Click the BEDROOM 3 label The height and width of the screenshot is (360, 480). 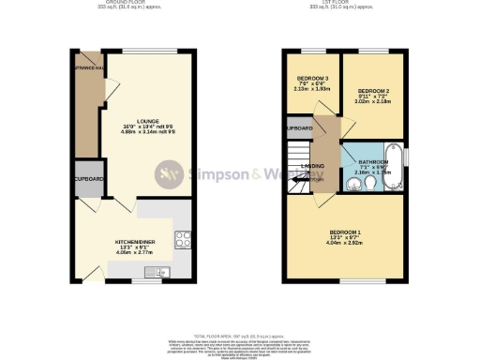pos(313,78)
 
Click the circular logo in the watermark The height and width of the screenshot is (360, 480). pos(169,173)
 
